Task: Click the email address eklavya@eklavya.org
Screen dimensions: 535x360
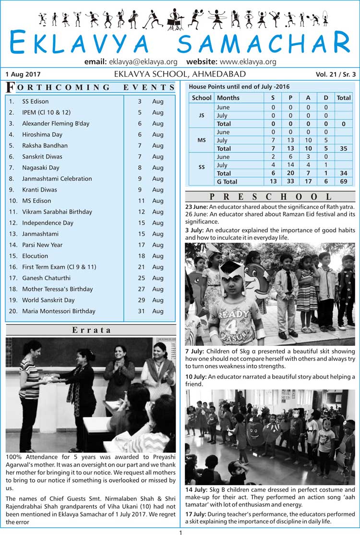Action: [x=143, y=62]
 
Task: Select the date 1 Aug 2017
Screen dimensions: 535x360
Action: [x=23, y=74]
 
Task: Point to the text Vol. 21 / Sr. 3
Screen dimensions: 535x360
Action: [x=336, y=74]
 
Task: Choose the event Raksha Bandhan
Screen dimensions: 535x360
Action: [x=45, y=146]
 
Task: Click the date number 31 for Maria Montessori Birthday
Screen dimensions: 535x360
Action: [x=140, y=311]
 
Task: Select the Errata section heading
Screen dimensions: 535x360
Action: [x=91, y=330]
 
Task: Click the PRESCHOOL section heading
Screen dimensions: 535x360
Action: [x=270, y=197]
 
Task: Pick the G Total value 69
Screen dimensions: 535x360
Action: [x=344, y=182]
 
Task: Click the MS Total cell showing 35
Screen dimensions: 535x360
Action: [x=344, y=148]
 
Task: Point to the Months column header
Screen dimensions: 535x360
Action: [x=228, y=97]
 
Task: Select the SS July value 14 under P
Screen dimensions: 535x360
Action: [x=290, y=165]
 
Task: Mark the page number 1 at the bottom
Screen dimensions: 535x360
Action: [x=180, y=532]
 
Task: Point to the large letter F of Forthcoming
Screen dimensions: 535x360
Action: [x=10, y=87]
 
